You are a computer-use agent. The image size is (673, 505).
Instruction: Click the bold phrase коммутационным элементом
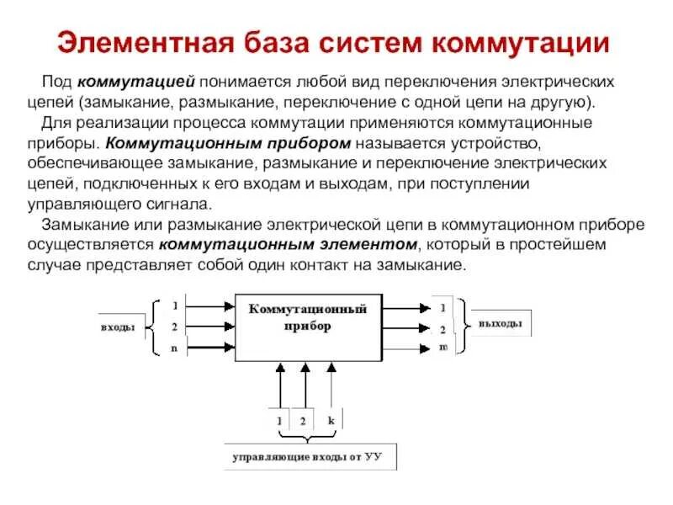[x=286, y=245]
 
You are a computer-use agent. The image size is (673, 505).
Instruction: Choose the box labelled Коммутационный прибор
[x=308, y=328]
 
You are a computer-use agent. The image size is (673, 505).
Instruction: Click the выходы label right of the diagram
[x=500, y=324]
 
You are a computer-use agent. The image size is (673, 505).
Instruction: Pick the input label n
[x=174, y=348]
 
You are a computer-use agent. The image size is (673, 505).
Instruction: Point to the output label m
[x=442, y=348]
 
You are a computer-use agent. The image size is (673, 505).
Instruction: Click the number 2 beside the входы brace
[x=174, y=327]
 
